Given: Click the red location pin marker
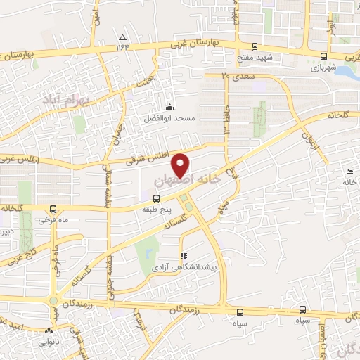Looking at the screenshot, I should [x=181, y=165].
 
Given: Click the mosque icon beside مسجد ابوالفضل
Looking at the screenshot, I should [x=169, y=108].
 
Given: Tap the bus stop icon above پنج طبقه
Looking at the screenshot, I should [x=157, y=198].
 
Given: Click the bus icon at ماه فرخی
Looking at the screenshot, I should [x=53, y=209].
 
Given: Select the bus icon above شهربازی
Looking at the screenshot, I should [x=323, y=57].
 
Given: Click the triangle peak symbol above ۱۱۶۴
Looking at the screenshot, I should [x=123, y=37].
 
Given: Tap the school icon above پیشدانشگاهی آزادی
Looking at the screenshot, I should [x=184, y=257].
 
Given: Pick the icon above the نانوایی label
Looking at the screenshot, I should [x=49, y=330].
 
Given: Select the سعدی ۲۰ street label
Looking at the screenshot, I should [x=234, y=74].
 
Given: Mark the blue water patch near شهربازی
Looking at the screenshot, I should [x=347, y=72].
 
